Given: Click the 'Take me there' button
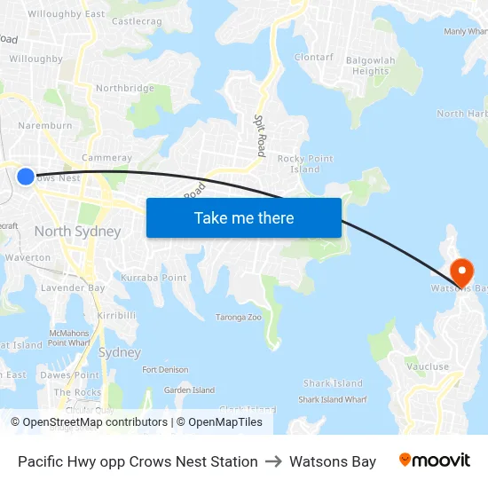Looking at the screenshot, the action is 244,217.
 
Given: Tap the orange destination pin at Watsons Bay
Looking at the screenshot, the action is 461,270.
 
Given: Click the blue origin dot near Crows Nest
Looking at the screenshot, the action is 26,177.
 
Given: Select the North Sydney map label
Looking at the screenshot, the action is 77,232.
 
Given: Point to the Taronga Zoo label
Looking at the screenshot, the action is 239,317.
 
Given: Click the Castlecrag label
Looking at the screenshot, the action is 137,20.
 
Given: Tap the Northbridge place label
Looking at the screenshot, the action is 124,88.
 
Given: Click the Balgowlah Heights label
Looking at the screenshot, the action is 370,65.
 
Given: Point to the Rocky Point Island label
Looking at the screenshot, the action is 305,164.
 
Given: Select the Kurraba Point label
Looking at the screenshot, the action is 153,278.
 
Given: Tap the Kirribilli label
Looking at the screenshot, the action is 116,315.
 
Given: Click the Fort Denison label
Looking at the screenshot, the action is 166,369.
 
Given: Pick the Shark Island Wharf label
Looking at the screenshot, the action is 333,399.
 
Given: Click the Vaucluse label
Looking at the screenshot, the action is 428,366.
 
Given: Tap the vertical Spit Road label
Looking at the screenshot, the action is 260,135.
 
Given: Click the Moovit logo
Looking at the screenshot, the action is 435,460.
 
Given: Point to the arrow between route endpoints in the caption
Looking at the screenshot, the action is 273,461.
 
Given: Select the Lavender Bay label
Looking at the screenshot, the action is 73,287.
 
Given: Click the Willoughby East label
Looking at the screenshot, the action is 66,14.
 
